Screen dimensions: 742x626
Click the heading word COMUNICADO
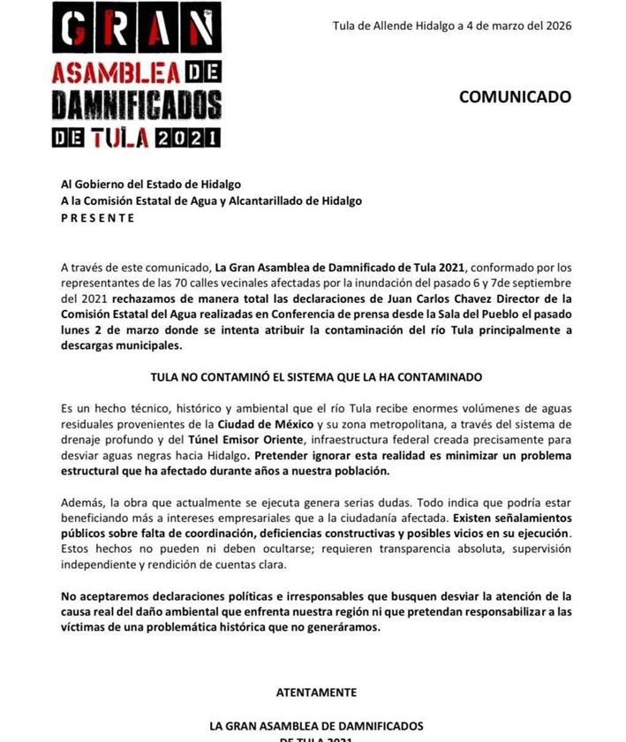click(515, 97)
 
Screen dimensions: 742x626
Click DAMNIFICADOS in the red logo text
click(137, 104)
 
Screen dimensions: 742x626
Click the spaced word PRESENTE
click(98, 217)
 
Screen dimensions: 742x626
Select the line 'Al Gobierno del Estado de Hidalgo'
click(151, 185)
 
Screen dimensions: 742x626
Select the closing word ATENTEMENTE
click(316, 693)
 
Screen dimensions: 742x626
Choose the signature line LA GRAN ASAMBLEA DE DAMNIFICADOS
click(316, 726)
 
